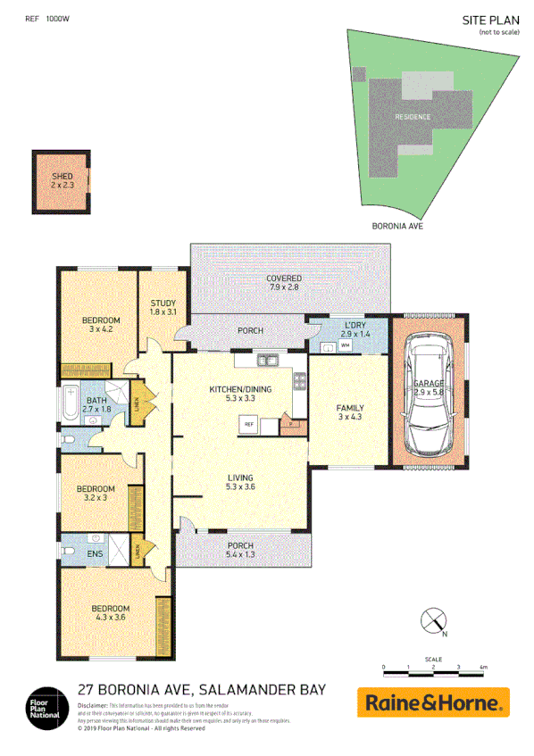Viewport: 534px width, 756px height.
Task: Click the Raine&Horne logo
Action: tap(433, 702)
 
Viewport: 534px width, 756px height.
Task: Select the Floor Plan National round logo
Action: tap(44, 703)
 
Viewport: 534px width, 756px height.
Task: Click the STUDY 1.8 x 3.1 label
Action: tap(163, 307)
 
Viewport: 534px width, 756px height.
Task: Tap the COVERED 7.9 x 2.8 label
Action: tap(283, 283)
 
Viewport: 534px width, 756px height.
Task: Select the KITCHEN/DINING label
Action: tap(239, 394)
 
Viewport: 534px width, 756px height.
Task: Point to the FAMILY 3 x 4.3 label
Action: tap(349, 413)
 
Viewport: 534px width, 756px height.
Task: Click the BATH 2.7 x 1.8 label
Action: tap(96, 403)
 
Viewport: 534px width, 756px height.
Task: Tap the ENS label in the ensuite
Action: tap(95, 553)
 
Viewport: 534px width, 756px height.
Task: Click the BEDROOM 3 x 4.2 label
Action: tap(101, 325)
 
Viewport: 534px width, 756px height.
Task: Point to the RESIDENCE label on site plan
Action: tap(413, 117)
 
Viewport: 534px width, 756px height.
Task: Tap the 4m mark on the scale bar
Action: tap(483, 667)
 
